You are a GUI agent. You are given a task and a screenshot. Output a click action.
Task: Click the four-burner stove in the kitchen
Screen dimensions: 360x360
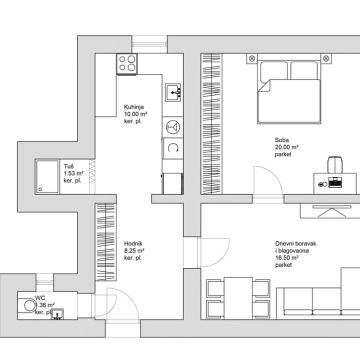(x=127, y=63)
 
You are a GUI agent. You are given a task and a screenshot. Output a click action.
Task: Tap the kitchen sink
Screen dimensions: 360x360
(x=174, y=94)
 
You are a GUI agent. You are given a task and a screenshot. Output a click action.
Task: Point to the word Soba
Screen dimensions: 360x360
(x=283, y=139)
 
